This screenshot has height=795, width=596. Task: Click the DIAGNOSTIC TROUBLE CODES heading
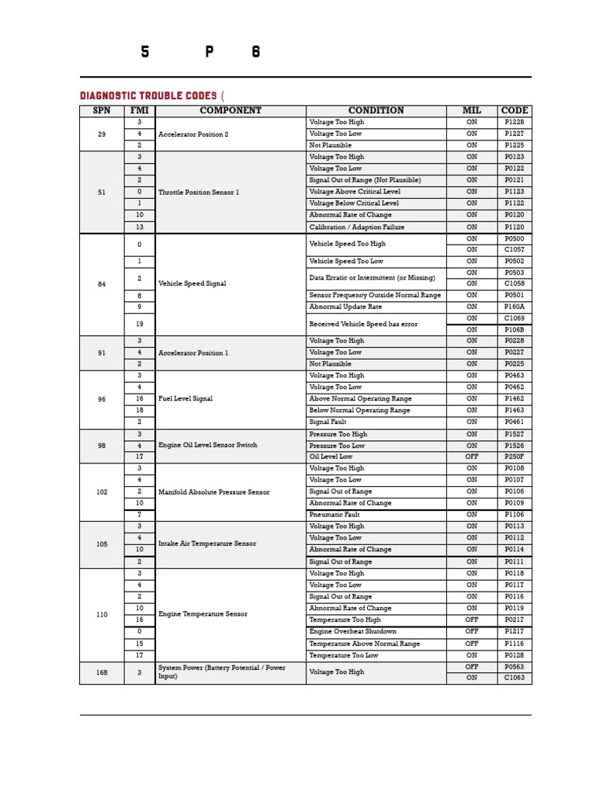click(151, 95)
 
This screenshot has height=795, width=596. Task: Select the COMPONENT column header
click(230, 111)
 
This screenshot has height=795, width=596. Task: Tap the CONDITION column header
click(376, 111)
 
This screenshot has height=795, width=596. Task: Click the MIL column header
click(472, 111)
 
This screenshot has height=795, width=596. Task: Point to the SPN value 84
click(102, 284)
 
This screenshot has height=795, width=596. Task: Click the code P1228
click(514, 123)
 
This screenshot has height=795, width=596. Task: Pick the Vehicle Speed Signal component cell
click(192, 284)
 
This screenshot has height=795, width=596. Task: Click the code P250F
click(514, 457)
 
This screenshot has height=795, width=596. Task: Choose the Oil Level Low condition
click(331, 457)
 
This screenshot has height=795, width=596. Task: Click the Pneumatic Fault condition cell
click(335, 515)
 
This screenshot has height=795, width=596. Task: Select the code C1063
click(514, 678)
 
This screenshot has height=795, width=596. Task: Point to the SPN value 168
click(102, 672)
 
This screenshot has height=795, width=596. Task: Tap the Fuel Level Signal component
click(185, 399)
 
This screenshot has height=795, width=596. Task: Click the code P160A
click(514, 307)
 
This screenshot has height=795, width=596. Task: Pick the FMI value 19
click(140, 325)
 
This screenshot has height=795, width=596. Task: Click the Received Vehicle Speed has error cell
click(362, 325)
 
